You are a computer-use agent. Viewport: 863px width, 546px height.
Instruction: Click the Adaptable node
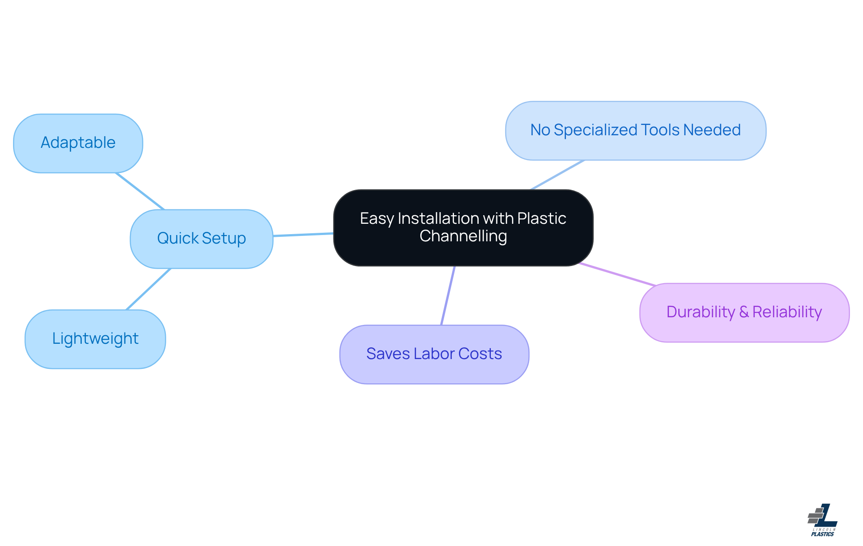tap(78, 143)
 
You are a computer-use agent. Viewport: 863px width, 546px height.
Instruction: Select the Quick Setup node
tap(201, 239)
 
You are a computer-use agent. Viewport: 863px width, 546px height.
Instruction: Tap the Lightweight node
tap(95, 339)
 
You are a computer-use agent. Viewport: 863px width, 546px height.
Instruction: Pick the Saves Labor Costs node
tap(434, 354)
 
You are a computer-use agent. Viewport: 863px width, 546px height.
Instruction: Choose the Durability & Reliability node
tap(744, 312)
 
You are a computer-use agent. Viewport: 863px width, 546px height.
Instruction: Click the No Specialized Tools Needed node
tap(635, 130)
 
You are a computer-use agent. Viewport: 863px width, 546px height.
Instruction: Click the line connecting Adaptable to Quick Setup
tap(140, 191)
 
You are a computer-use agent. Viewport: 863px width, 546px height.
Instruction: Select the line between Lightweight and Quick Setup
tap(148, 289)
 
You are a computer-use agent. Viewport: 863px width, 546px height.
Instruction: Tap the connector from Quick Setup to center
tap(303, 235)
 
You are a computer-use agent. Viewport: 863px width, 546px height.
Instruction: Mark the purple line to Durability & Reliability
tap(617, 274)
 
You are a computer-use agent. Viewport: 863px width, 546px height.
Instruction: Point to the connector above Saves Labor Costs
tap(448, 295)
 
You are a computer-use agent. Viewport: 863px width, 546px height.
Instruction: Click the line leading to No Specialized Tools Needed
tap(557, 175)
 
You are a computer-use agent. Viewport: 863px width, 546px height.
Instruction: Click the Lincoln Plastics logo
tap(823, 520)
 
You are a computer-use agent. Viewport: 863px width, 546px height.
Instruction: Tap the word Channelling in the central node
tap(463, 236)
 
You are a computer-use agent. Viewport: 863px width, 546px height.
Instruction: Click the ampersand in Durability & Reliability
tap(744, 312)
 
